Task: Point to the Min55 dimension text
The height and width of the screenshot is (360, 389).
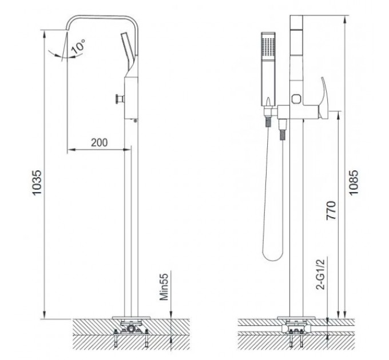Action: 165,286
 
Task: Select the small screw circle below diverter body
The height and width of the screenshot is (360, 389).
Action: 135,120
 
